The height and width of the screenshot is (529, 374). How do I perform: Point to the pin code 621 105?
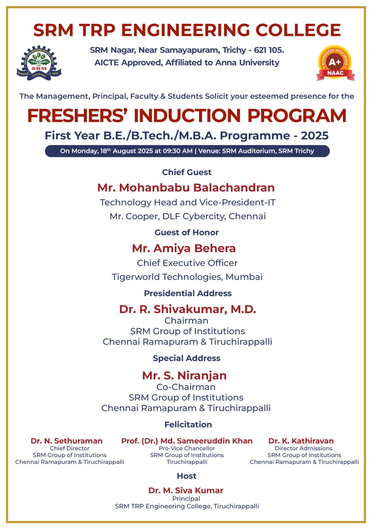[x=269, y=50]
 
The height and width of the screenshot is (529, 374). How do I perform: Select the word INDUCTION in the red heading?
[x=187, y=116]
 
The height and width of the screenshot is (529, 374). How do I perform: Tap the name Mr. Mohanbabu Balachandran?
[x=186, y=187]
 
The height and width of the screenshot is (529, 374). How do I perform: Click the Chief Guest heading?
[x=187, y=172]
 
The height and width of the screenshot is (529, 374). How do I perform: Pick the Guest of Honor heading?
[x=187, y=232]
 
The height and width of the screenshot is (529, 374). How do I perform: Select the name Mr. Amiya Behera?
[x=184, y=248]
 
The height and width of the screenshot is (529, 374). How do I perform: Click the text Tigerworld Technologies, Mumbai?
[x=187, y=277]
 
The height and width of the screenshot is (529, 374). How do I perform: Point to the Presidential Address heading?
[x=187, y=293]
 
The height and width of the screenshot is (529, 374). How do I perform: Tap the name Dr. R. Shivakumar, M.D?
[x=187, y=309]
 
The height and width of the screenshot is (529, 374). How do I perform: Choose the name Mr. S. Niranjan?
[x=184, y=376]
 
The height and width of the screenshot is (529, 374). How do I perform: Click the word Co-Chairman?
[x=186, y=387]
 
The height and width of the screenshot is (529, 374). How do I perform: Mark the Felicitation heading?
[x=188, y=425]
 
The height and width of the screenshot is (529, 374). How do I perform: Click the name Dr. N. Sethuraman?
[x=66, y=441]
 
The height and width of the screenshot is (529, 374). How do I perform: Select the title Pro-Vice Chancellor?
[x=187, y=448]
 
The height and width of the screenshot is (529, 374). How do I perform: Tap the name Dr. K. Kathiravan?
[x=301, y=441]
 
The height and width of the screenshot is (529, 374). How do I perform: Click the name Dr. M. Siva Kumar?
[x=186, y=490]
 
